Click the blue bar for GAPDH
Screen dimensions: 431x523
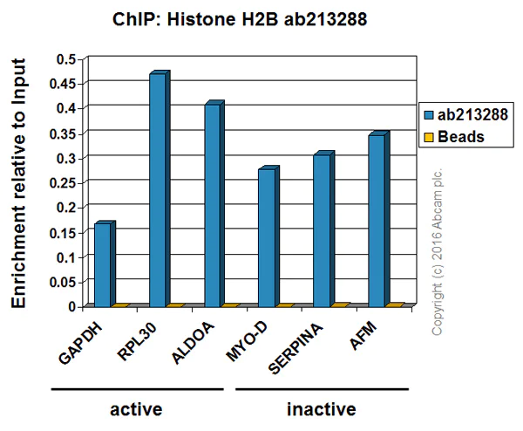(103, 265)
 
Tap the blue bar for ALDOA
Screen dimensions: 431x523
(213, 205)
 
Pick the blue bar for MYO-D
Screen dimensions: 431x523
(268, 237)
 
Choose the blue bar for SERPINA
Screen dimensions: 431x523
(323, 229)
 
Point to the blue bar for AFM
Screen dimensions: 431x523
(377, 220)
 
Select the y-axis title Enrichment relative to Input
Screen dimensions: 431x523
(18, 182)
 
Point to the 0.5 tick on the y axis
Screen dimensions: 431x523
(66, 58)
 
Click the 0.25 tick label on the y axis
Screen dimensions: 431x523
(60, 183)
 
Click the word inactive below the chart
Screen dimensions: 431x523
(321, 408)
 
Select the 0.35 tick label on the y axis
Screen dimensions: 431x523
(60, 133)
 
